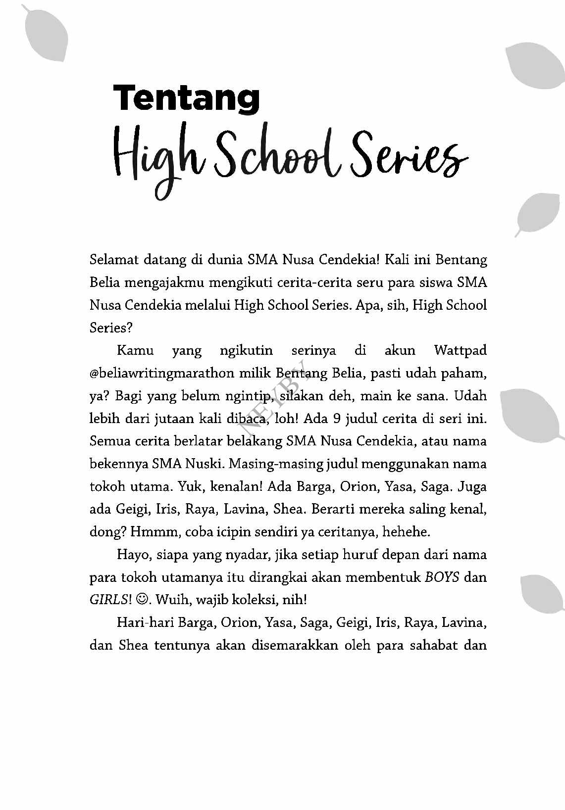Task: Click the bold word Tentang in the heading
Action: tap(187, 98)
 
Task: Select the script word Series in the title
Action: tap(409, 154)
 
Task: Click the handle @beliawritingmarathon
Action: tap(161, 373)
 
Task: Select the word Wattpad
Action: tap(460, 350)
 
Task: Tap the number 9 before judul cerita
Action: tap(337, 419)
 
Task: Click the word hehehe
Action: tap(406, 532)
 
